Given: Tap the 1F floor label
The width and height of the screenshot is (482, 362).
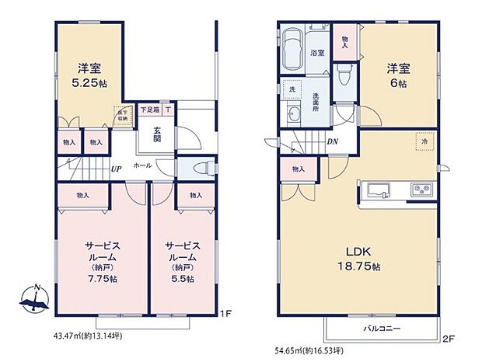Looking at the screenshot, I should [224, 314].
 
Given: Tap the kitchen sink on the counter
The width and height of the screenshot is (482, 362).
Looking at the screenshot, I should [376, 189].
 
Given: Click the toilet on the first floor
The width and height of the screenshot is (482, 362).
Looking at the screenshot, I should [194, 169].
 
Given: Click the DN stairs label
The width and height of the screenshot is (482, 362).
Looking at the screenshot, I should [332, 141].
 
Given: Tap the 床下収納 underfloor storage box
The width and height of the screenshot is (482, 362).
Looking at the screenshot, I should [121, 114].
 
